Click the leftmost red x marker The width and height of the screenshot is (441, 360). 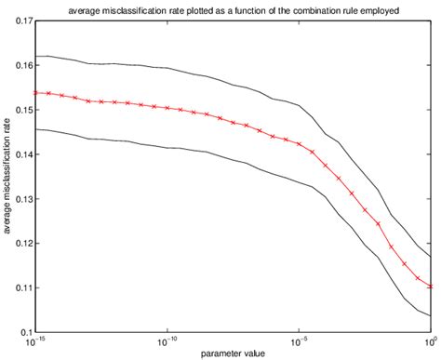pyautogui.click(x=35, y=93)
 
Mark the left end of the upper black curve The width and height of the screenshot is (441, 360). pyautogui.click(x=35, y=56)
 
